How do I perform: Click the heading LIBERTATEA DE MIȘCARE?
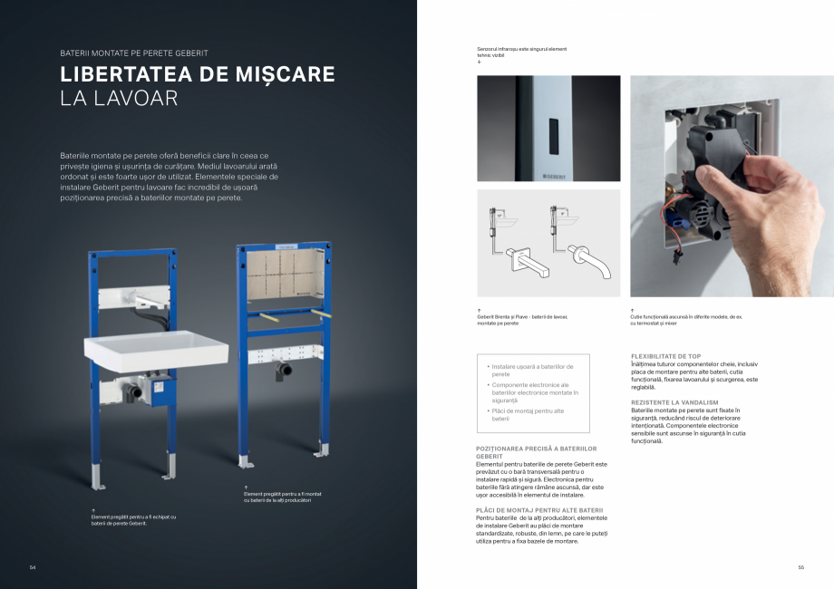click(197, 74)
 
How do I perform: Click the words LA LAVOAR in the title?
click(118, 98)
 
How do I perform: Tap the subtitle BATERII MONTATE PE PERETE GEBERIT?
click(133, 53)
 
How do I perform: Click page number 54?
click(33, 567)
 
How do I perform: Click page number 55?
click(801, 567)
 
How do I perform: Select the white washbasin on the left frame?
click(156, 348)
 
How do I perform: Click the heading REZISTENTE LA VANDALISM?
click(674, 401)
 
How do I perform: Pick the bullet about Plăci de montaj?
click(530, 414)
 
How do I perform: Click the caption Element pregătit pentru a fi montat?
click(282, 497)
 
